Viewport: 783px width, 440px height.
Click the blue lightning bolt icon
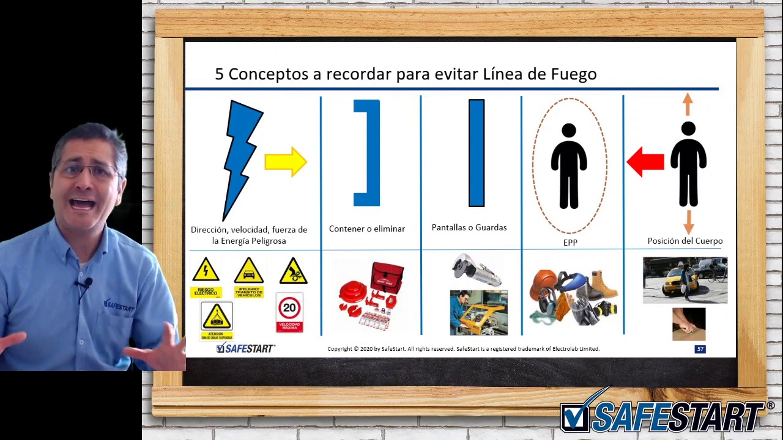coord(243,156)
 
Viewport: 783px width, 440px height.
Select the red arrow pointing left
coord(645,162)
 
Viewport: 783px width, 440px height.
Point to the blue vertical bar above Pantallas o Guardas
coord(477,153)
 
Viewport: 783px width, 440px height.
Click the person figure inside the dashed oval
coord(569,166)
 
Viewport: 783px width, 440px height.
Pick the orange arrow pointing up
coord(688,104)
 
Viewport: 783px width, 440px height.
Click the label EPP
coord(570,243)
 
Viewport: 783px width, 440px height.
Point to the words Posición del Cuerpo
coord(685,241)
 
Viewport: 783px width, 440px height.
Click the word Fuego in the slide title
coord(573,74)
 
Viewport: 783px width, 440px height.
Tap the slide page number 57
coord(700,349)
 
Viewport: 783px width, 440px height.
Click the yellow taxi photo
coord(685,280)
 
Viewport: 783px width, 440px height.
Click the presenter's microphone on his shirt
coord(87,283)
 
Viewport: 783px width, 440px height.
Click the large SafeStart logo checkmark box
coord(575,418)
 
